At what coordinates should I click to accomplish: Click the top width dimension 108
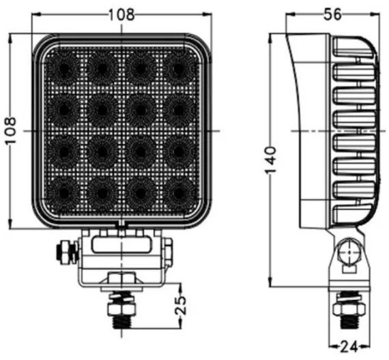coord(121,13)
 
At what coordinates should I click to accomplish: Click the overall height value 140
coord(271,160)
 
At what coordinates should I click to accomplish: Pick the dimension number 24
coord(349,348)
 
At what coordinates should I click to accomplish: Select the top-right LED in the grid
coord(177,69)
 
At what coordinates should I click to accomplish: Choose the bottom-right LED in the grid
coord(177,190)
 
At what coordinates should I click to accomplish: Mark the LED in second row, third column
coord(140,109)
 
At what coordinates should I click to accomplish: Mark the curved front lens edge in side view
coord(295,123)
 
